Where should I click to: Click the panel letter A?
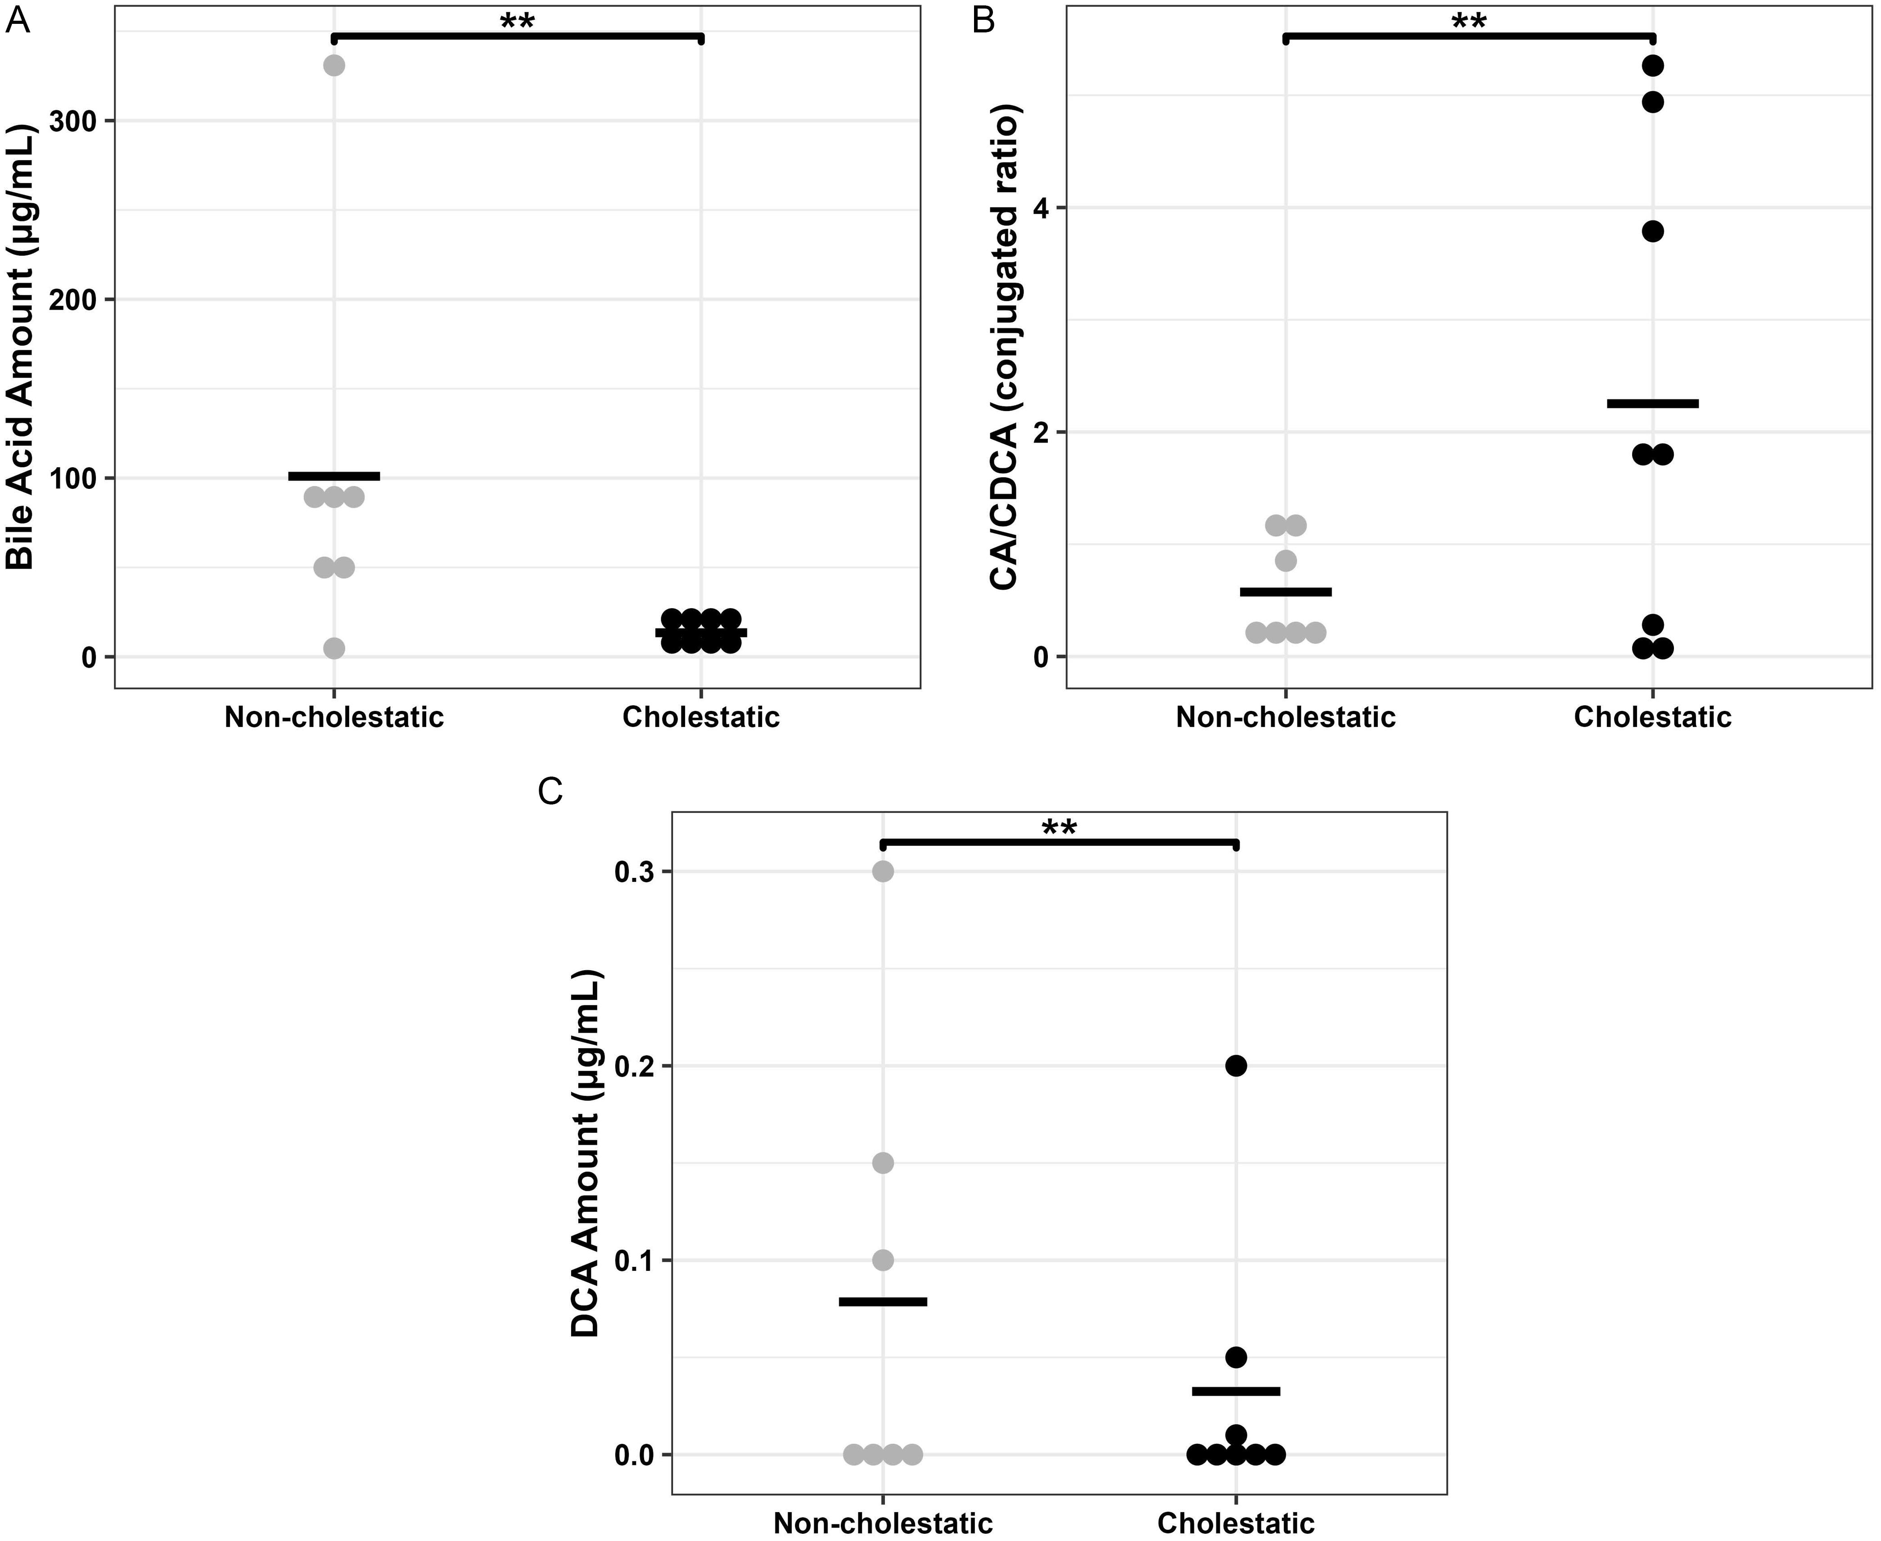click(18, 19)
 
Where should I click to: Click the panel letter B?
click(983, 19)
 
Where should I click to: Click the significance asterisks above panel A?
click(517, 21)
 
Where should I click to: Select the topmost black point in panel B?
click(1652, 66)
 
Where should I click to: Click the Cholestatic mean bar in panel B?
click(1652, 404)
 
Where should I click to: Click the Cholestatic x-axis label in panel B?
click(1652, 717)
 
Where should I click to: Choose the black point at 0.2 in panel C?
click(1235, 1066)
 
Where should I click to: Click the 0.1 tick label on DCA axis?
click(633, 1261)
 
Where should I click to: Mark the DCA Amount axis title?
click(586, 1154)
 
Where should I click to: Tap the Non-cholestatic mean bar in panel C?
click(883, 1301)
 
